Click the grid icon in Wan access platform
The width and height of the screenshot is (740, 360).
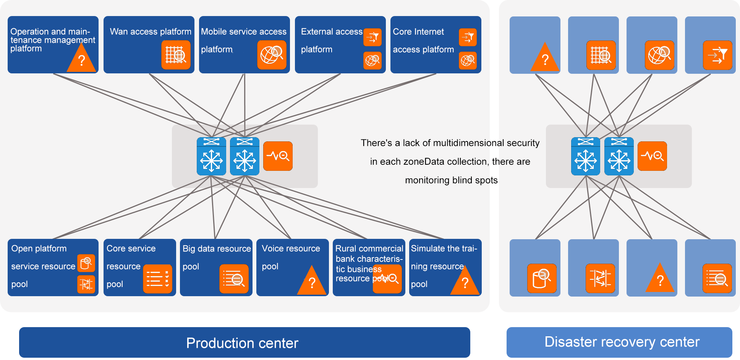176,55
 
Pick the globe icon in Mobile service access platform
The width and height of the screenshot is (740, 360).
272,55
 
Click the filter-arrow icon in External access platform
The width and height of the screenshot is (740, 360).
372,37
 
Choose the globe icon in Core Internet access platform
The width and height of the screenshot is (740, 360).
468,60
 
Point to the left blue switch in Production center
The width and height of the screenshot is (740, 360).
211,156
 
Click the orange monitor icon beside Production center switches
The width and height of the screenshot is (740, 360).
278,156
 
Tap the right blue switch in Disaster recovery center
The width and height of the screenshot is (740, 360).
619,156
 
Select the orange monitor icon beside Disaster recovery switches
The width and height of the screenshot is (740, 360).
652,156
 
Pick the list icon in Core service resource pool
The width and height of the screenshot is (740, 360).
157,279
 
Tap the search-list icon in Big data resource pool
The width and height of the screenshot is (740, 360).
234,279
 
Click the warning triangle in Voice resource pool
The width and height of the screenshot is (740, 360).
312,282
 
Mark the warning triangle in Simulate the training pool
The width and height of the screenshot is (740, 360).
465,282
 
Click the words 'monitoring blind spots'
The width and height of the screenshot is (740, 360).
451,180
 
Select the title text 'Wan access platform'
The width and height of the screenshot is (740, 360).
151,32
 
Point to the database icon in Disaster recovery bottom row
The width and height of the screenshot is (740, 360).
542,278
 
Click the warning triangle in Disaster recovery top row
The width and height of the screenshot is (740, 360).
545,59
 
